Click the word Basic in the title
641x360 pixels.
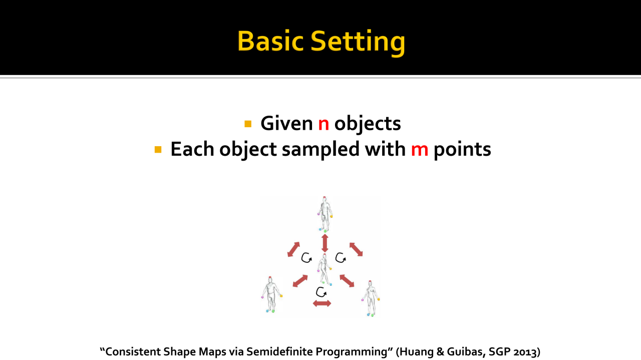click(x=270, y=41)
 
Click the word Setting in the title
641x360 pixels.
click(x=358, y=43)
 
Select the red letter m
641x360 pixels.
click(x=420, y=150)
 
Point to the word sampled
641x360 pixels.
click(x=320, y=150)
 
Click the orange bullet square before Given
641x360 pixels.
click(x=248, y=124)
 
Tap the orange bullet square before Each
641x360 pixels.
click(x=158, y=150)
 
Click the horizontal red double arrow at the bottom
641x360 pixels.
click(x=322, y=303)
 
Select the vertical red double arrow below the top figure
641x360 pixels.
click(x=325, y=243)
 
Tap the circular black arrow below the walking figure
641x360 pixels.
click(x=321, y=292)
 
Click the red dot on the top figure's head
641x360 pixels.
click(x=325, y=198)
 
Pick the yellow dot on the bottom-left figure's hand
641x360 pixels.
click(x=281, y=296)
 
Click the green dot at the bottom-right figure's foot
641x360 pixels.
click(x=372, y=315)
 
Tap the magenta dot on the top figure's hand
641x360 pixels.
click(x=318, y=214)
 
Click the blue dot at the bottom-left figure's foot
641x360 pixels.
click(x=267, y=311)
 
